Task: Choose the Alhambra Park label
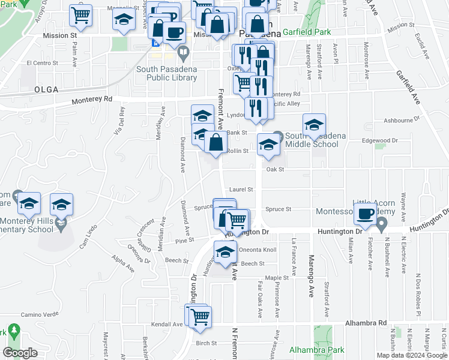coord(316,350)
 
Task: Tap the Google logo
coord(20,352)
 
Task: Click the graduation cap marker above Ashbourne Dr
coord(314,125)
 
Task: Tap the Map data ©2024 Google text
coord(411,355)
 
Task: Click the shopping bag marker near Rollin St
coord(216,143)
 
